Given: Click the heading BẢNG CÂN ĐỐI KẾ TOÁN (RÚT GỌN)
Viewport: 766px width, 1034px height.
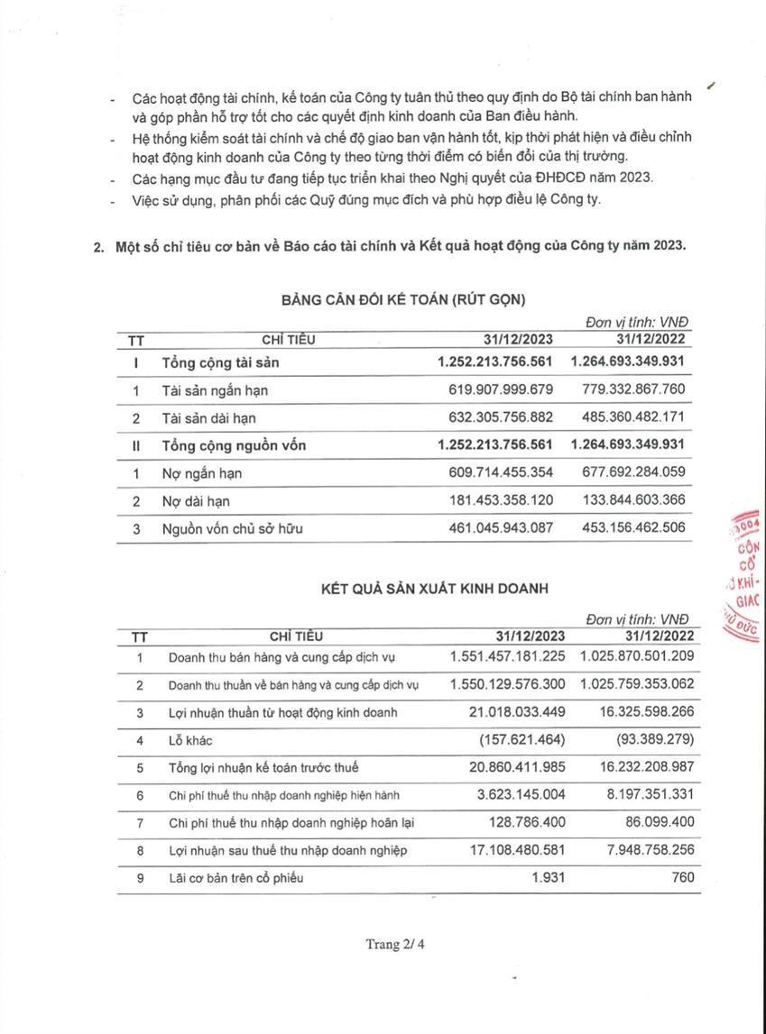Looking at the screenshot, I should pyautogui.click(x=402, y=298).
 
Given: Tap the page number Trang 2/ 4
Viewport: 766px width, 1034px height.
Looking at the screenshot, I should pyautogui.click(x=394, y=945).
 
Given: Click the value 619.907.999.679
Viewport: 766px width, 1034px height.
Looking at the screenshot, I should pyautogui.click(x=500, y=390).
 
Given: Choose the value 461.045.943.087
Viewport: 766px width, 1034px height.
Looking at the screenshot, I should pyautogui.click(x=500, y=528).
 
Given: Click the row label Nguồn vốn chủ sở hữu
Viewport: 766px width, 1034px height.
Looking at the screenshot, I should pyautogui.click(x=232, y=529).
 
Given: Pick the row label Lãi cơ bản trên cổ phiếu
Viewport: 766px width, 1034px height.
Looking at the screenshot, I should pyautogui.click(x=237, y=878).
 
